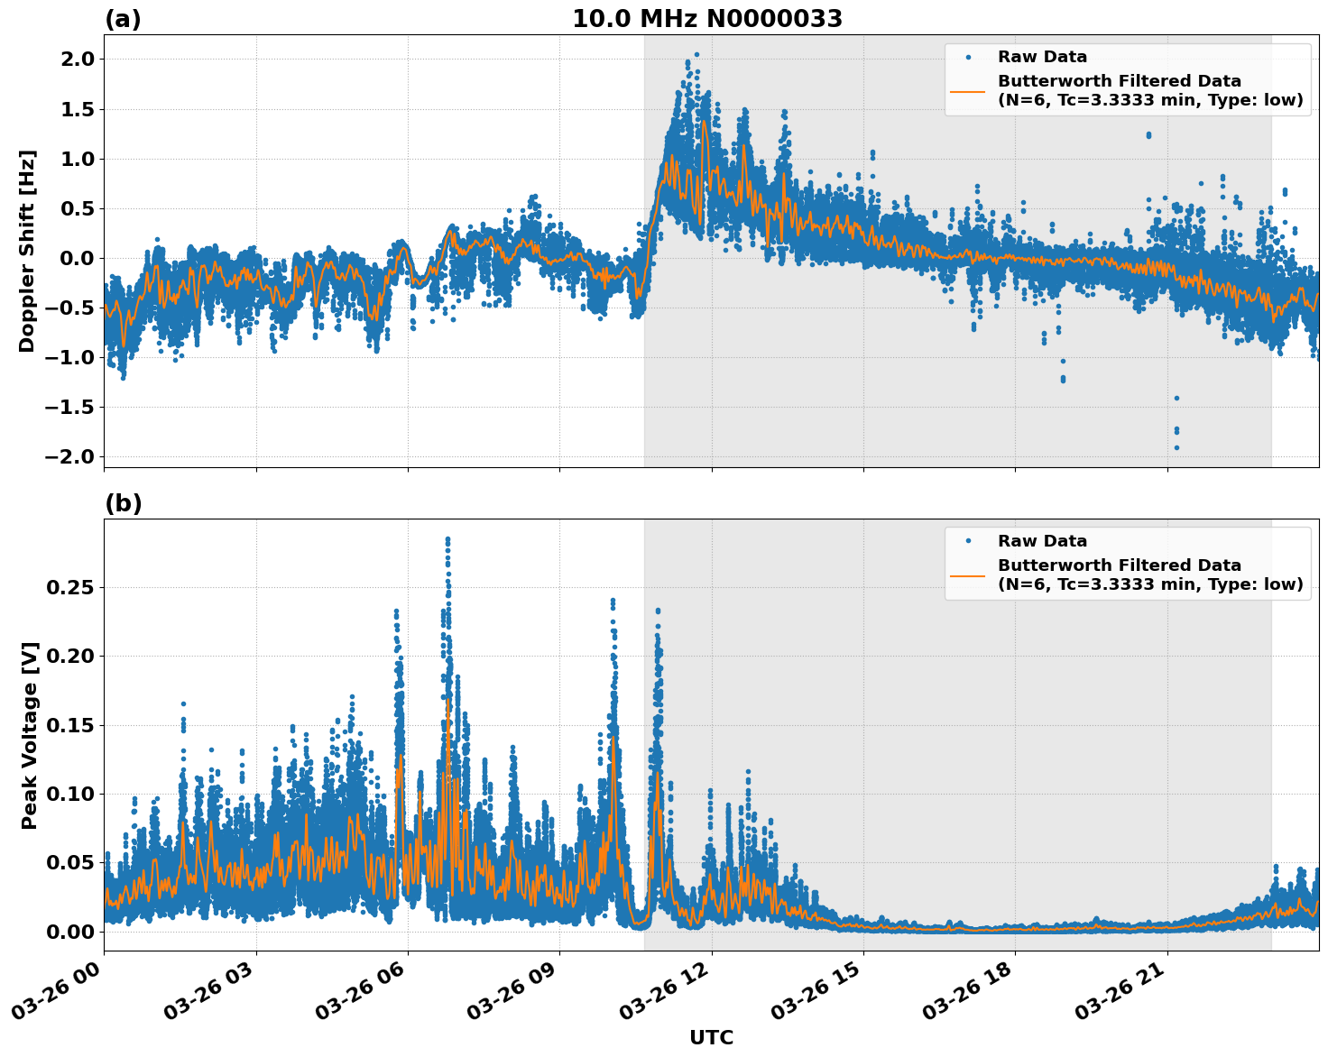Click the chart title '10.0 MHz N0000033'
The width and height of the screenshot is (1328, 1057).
[707, 19]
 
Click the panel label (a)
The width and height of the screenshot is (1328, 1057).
[123, 19]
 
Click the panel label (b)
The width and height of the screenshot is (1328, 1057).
[123, 503]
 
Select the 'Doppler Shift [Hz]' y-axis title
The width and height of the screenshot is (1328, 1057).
[27, 251]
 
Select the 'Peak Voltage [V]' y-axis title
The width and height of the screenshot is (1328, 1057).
[30, 735]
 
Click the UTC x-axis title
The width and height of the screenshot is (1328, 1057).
[711, 1037]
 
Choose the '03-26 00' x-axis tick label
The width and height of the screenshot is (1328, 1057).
[59, 995]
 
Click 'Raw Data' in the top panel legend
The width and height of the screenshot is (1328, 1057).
[1042, 57]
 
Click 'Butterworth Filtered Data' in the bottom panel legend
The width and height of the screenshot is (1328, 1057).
[1119, 565]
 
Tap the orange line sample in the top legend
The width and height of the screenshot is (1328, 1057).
[968, 90]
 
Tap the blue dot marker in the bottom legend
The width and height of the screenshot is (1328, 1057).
[968, 541]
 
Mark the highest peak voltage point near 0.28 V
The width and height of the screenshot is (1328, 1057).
[447, 539]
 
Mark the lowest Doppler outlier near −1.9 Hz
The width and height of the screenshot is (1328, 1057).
[1176, 447]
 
